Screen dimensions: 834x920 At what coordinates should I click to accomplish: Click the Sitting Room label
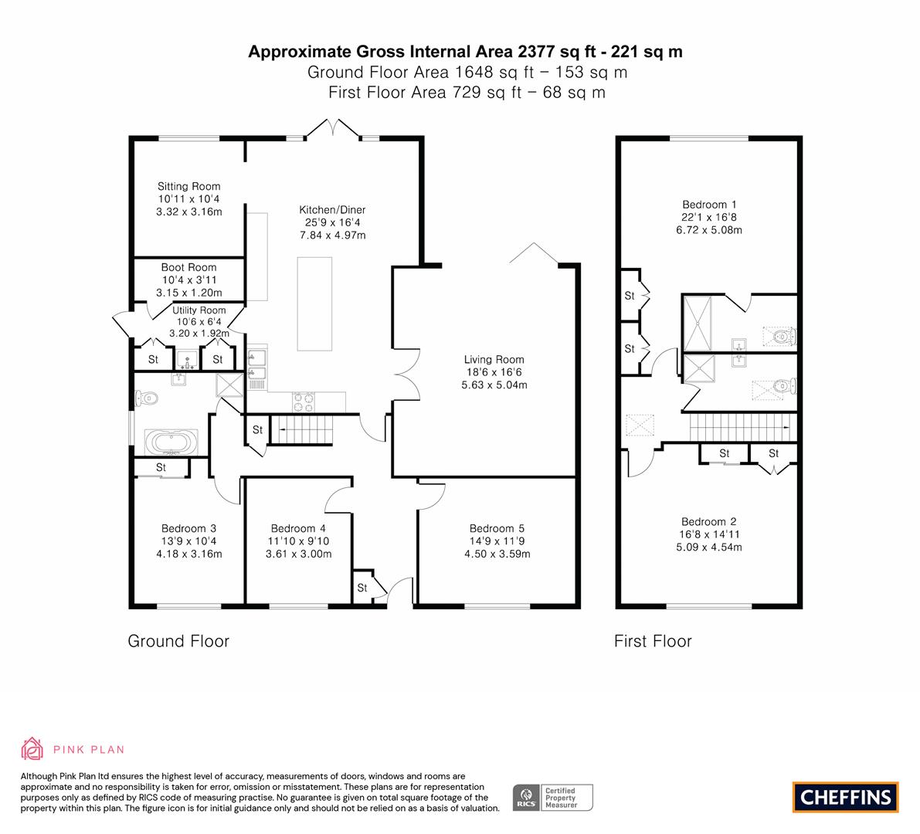[x=188, y=186]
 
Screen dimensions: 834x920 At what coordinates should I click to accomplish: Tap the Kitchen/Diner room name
[x=332, y=210]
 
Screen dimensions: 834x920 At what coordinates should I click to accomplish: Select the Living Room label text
[x=494, y=359]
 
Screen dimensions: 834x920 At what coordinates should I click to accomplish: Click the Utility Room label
[x=199, y=310]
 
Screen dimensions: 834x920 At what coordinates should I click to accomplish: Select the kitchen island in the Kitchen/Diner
[x=314, y=303]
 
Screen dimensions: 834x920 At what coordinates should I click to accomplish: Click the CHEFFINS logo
[x=845, y=797]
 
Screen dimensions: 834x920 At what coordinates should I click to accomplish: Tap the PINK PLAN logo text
[x=89, y=749]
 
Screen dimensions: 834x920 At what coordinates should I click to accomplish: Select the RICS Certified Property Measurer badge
[x=553, y=797]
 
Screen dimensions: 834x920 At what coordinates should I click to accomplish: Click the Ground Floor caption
[x=178, y=641]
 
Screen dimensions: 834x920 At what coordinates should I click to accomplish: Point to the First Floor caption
[x=653, y=641]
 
